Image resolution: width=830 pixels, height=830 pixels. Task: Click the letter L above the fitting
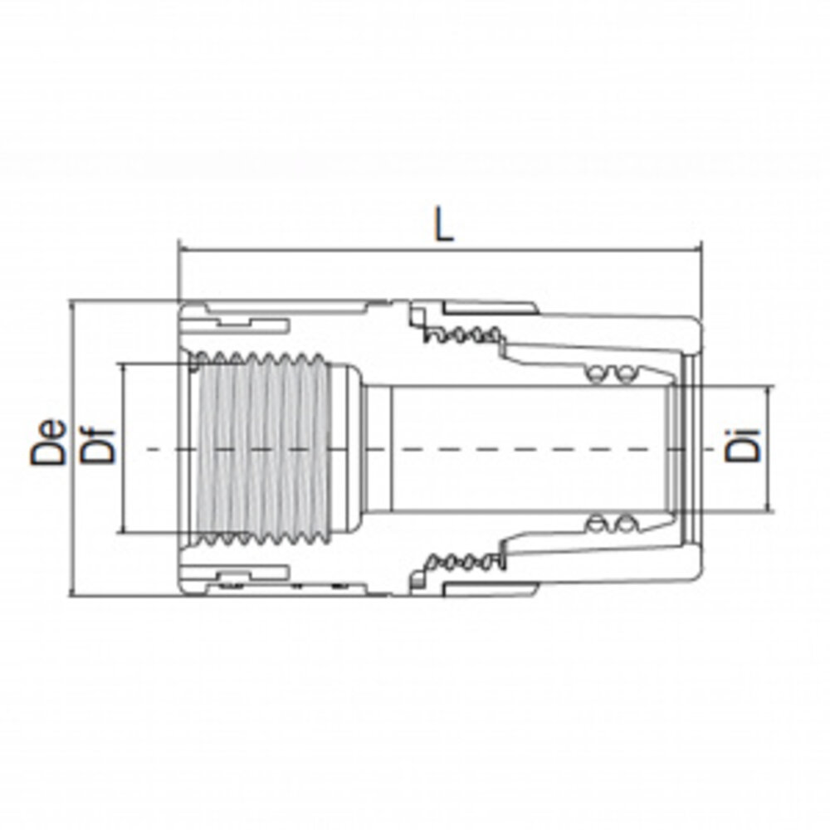click(x=446, y=226)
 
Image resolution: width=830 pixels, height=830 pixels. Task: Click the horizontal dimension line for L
click(x=440, y=248)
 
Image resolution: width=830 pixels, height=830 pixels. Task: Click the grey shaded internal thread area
click(x=257, y=448)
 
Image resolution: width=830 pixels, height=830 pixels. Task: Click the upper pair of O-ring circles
click(x=609, y=375)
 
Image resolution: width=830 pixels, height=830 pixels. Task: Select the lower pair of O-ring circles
click(x=609, y=524)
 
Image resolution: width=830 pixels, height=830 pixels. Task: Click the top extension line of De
click(x=124, y=302)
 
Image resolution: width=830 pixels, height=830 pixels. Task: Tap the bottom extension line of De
click(x=124, y=594)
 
